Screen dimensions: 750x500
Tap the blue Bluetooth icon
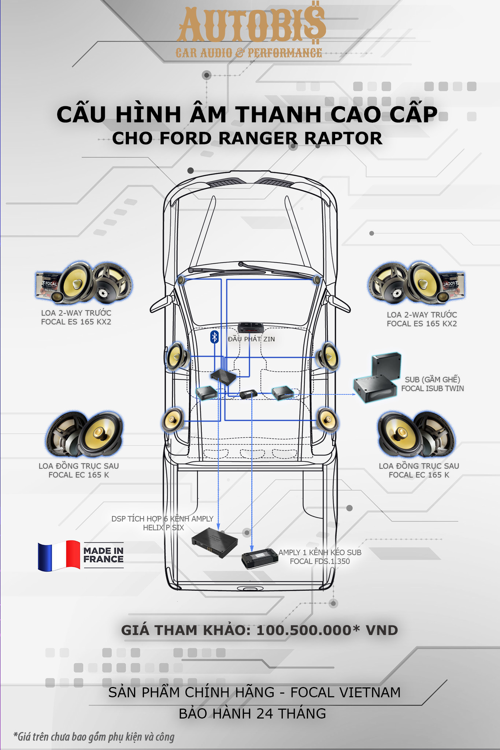pos(214,337)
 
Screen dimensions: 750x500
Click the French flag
pos(59,556)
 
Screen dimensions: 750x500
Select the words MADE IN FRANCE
pos(103,555)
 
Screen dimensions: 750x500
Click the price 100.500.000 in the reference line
pos(304,630)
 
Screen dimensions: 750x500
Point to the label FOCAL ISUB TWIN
pos(432,389)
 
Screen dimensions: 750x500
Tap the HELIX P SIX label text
pos(163,528)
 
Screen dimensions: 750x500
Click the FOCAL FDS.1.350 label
pos(320,561)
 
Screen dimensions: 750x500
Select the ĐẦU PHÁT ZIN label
pos(251,339)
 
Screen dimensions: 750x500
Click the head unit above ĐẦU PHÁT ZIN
pos(251,327)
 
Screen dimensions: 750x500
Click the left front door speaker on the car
pos(177,356)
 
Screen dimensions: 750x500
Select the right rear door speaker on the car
pos(327,420)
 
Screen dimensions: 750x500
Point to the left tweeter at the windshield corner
pos(181,280)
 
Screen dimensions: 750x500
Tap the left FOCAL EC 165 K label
pos(79,475)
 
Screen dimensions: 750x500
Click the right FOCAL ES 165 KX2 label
pos(422,324)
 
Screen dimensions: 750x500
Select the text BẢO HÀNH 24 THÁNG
pos(252,714)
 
